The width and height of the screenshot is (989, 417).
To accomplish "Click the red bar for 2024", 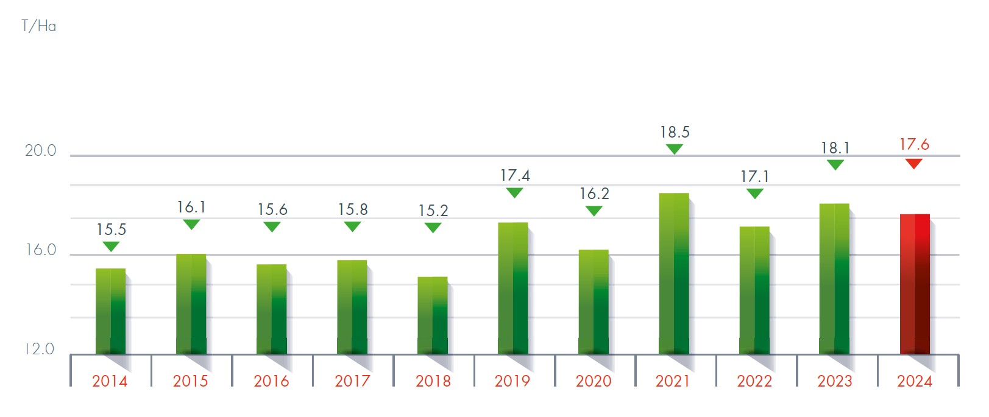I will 915,284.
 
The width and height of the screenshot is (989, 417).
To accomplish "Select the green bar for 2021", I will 674,273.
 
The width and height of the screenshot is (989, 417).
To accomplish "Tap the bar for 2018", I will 433,315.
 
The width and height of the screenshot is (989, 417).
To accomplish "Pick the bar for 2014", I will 111,311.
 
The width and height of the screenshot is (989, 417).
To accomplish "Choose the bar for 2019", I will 513,288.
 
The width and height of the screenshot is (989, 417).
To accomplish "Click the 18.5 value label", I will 675,132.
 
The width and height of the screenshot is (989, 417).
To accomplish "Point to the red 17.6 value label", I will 914,144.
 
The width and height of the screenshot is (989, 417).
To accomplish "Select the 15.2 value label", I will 433,211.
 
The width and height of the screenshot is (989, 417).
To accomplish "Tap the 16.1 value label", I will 191,207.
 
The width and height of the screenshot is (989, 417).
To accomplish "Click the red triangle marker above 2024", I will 913,163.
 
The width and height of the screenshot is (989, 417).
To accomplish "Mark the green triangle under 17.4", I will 514,192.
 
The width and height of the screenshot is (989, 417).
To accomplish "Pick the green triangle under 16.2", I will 594,211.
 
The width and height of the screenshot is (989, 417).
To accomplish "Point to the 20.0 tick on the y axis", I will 40,150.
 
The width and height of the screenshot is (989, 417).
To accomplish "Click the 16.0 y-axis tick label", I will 40,250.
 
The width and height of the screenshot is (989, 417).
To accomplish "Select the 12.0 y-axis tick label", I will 40,349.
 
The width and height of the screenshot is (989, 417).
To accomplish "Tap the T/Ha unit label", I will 38,26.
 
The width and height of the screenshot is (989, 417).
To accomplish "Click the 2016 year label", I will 271,381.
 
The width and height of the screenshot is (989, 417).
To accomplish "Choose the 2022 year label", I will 754,381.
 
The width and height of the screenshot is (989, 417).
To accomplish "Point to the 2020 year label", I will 593,381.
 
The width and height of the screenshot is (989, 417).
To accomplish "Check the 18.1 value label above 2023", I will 835,148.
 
